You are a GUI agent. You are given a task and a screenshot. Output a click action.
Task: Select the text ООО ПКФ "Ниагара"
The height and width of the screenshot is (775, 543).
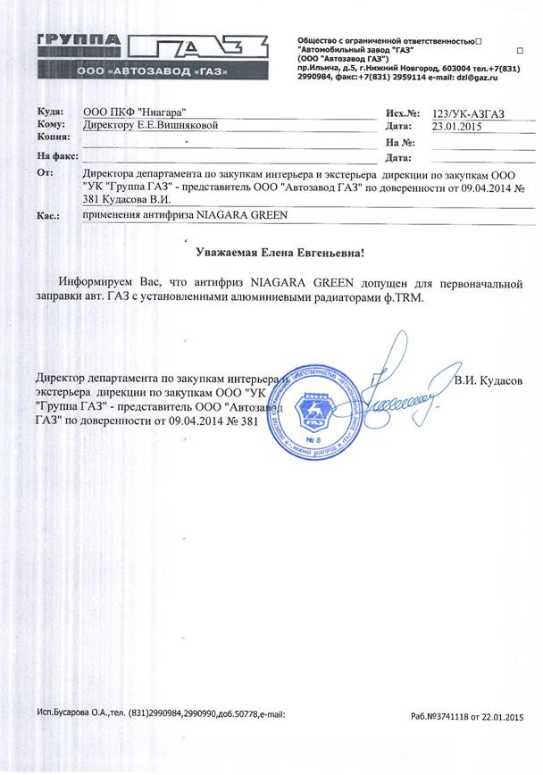(x=134, y=112)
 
